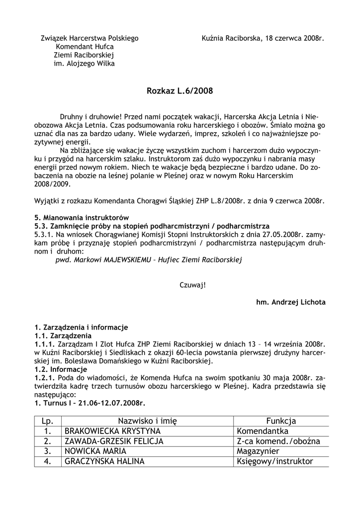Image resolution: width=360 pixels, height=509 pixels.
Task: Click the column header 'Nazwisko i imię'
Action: [x=148, y=421]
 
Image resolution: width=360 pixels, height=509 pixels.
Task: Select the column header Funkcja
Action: [x=281, y=421]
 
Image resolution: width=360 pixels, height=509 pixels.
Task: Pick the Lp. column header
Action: [x=48, y=421]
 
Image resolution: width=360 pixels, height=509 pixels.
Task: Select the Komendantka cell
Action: [x=263, y=431]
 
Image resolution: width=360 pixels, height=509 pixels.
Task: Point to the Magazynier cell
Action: [x=258, y=451]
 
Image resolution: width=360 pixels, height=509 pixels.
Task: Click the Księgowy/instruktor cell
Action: [x=275, y=461]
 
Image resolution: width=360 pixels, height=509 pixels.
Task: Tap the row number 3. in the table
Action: [x=48, y=451]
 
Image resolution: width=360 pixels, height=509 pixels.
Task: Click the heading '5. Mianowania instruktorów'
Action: [x=82, y=218]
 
